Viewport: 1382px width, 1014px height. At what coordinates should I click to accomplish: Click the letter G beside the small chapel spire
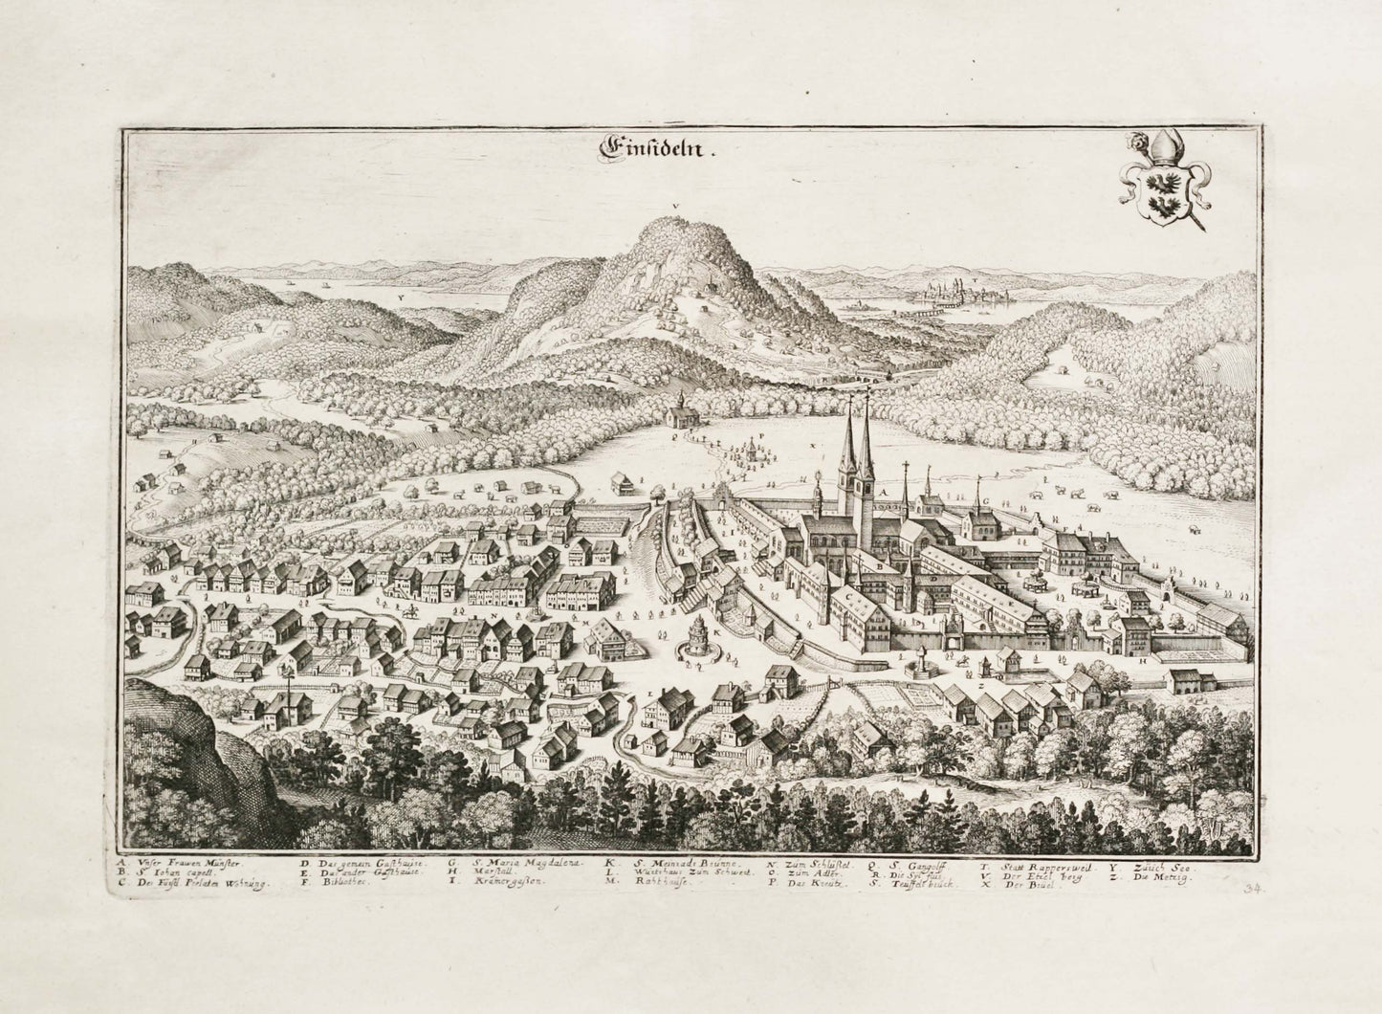point(984,499)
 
